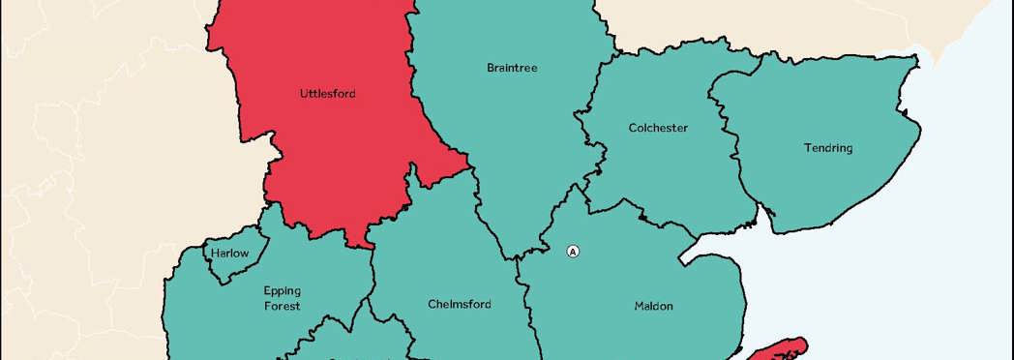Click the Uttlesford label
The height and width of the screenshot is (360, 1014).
(327, 95)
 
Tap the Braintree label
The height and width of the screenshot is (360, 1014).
(512, 69)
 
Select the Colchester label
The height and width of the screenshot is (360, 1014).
(658, 128)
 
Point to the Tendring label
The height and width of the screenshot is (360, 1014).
(827, 148)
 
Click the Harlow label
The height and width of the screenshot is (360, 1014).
(230, 254)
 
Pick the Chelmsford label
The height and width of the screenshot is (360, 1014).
(460, 304)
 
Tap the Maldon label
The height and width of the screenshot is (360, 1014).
(653, 306)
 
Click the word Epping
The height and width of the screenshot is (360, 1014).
(283, 290)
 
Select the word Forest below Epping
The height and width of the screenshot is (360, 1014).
(283, 306)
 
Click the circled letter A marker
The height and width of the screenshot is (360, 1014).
(573, 252)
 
